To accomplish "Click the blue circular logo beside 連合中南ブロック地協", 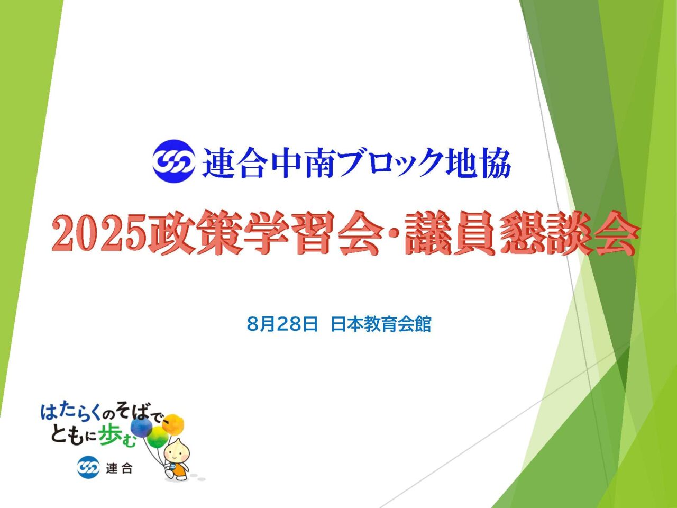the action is click(x=173, y=161).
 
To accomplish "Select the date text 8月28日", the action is click(x=282, y=324).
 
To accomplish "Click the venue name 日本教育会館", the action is click(x=381, y=324).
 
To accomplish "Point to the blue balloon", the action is click(x=142, y=428).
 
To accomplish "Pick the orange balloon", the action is click(x=173, y=423).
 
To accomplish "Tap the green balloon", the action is click(x=158, y=438).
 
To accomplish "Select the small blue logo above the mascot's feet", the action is click(x=88, y=468).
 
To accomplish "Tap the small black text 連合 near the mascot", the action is click(x=119, y=468).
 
